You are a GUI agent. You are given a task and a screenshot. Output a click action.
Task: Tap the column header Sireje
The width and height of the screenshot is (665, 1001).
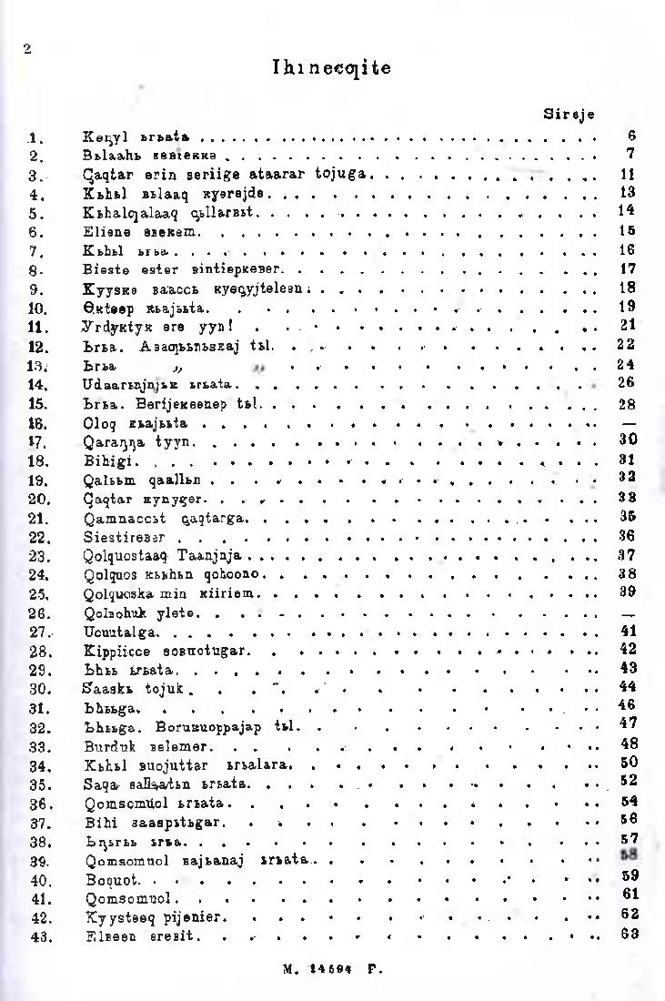pyautogui.click(x=569, y=115)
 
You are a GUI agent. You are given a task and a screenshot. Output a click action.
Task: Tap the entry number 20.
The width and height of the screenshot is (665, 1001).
pyautogui.click(x=37, y=499)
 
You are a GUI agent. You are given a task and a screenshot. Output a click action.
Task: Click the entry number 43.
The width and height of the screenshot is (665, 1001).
pyautogui.click(x=37, y=936)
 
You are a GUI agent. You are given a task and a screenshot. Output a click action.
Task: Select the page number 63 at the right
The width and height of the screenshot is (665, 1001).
pyautogui.click(x=628, y=935)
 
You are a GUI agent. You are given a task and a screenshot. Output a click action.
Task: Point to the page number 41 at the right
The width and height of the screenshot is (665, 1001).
pyautogui.click(x=628, y=630)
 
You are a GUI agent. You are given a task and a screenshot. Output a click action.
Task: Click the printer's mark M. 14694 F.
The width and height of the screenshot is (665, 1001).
pyautogui.click(x=332, y=970)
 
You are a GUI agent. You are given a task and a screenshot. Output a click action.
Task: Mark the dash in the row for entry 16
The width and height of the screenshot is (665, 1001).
pyautogui.click(x=628, y=423)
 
